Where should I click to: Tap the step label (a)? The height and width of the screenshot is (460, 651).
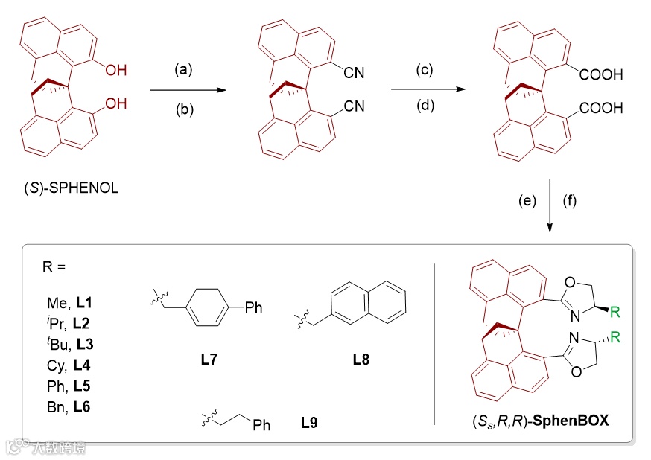point(184,70)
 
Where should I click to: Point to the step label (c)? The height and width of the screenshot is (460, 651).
point(425,70)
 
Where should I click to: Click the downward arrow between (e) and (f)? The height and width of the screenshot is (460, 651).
point(549,205)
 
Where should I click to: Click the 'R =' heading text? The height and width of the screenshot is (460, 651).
point(57,265)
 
